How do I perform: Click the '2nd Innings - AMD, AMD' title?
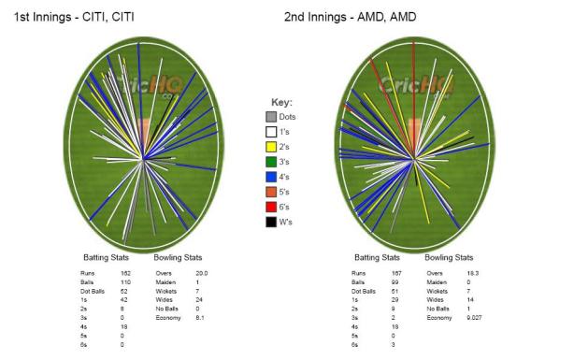pos(363,17)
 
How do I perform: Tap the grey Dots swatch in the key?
pos(271,117)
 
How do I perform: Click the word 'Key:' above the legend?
pos(281,101)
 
